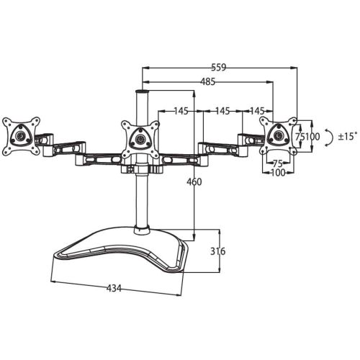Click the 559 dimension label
tap(219, 68)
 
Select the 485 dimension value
tap(208, 82)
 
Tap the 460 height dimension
tap(194, 182)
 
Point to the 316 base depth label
tap(218, 251)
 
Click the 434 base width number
tap(114, 288)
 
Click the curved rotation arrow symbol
tap(330, 138)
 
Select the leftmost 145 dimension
tap(181, 111)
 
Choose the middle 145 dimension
tap(222, 111)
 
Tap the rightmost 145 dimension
tap(257, 111)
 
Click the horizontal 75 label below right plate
tap(278, 163)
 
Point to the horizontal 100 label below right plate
tap(278, 172)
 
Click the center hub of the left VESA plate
tap(19, 136)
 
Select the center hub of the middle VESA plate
tap(140, 139)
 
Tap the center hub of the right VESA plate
tap(278, 135)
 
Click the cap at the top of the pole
tap(142, 91)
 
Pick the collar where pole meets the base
tap(142, 230)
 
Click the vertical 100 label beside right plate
tap(312, 137)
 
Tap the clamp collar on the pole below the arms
tap(142, 168)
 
